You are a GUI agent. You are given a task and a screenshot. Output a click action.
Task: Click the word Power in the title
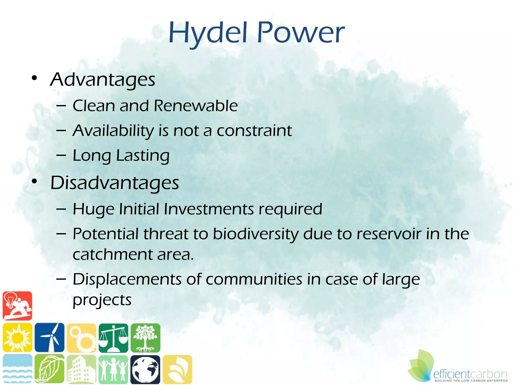click(x=301, y=33)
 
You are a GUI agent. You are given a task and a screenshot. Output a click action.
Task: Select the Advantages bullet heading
click(x=103, y=80)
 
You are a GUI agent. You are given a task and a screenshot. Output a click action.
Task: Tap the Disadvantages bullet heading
click(x=115, y=183)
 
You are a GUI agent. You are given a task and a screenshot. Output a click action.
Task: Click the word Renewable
click(x=195, y=106)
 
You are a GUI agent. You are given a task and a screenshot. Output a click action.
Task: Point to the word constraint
click(x=254, y=131)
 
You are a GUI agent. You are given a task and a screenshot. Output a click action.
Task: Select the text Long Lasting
click(x=121, y=156)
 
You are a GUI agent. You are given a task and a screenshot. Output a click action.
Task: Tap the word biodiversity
click(x=255, y=234)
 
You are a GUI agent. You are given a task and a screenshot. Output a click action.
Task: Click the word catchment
click(x=113, y=254)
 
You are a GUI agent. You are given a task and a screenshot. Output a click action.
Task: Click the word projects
click(x=102, y=300)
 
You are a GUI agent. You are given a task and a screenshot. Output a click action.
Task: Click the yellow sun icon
click(x=17, y=337)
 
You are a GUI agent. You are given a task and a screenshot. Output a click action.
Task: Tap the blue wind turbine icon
click(x=49, y=337)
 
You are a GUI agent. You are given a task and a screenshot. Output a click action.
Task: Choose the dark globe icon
click(x=145, y=369)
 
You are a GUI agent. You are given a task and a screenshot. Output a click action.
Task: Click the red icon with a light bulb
click(x=17, y=306)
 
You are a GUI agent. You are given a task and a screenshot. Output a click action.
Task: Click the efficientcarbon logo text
click(x=470, y=374)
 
